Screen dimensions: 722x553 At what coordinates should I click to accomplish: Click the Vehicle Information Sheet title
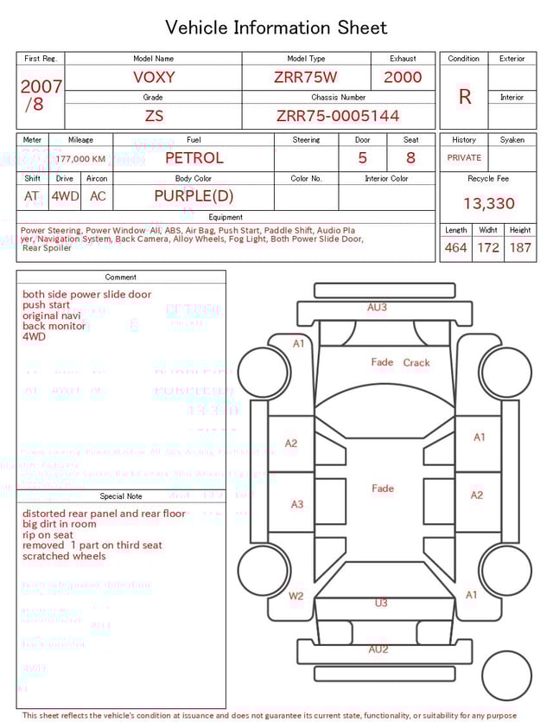tap(276, 28)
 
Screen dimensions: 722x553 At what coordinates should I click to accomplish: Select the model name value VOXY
tap(154, 77)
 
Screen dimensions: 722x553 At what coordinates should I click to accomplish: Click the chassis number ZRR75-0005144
tap(338, 116)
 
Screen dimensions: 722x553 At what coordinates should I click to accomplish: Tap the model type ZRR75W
tap(305, 77)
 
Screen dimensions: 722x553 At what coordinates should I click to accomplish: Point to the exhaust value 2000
tap(403, 77)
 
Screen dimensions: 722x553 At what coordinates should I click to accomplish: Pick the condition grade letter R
tap(464, 97)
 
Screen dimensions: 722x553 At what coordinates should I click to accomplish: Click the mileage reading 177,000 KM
tap(81, 159)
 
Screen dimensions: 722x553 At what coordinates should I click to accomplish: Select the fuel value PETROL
tap(194, 158)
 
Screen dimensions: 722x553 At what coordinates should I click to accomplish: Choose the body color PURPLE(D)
tap(194, 196)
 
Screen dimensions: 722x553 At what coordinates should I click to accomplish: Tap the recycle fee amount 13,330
tap(488, 204)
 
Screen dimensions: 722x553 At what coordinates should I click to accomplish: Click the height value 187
tap(520, 248)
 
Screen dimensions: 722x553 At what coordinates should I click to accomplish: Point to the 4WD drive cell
tap(65, 196)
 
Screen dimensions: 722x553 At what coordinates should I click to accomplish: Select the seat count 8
tap(410, 158)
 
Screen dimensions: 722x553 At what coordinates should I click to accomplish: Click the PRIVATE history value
tap(464, 158)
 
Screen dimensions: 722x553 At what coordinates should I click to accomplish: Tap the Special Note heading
tap(121, 496)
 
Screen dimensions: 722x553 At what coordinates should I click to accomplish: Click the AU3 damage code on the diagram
tap(377, 307)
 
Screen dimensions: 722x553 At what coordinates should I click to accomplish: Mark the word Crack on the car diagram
tap(416, 363)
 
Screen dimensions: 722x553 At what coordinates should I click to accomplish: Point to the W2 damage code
tap(296, 596)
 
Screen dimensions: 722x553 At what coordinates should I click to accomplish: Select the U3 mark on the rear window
tap(381, 604)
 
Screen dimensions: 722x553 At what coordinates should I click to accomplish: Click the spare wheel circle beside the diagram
tap(506, 675)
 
